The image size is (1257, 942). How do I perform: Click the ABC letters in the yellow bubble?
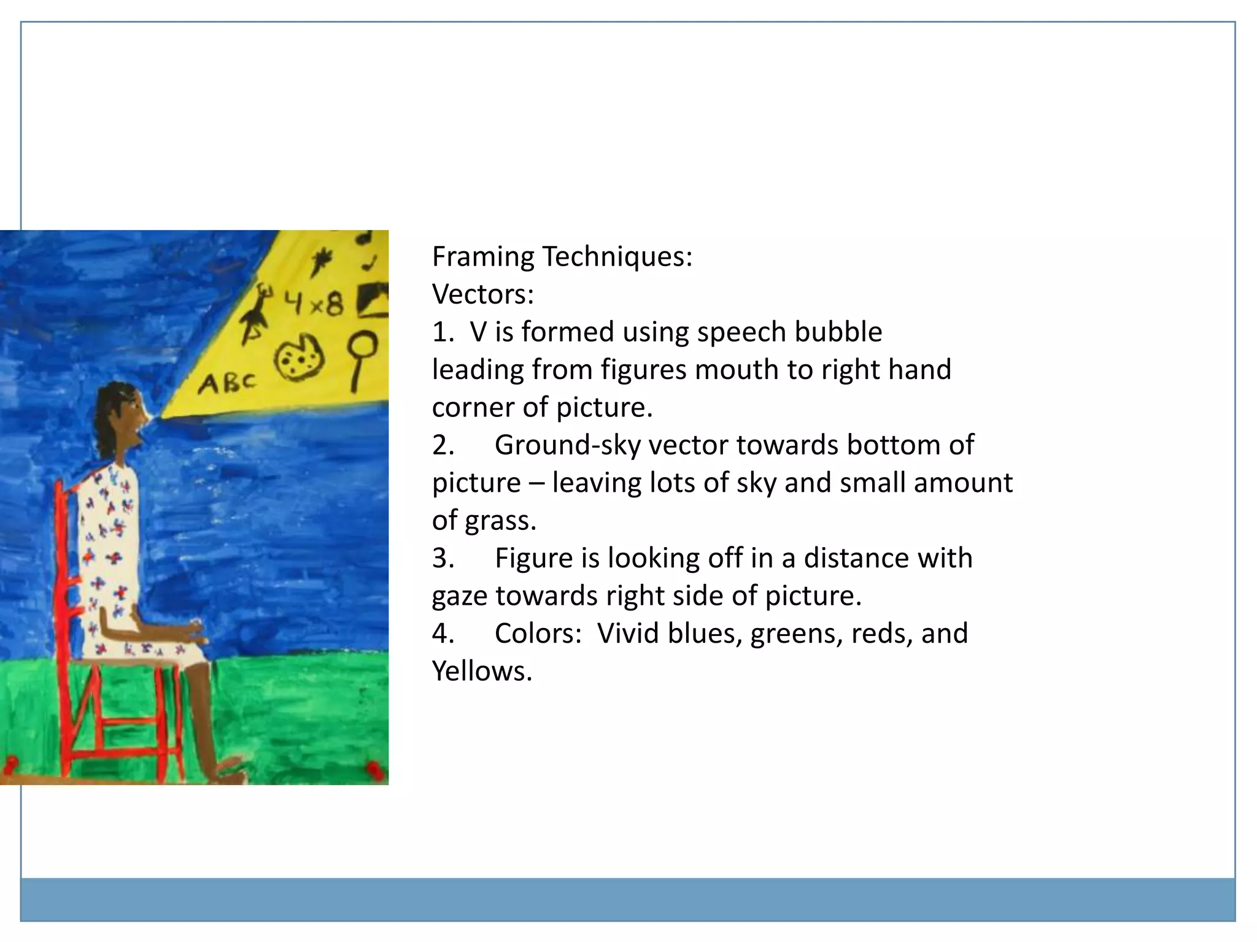coord(226,383)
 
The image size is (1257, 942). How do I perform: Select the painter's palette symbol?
coord(298,358)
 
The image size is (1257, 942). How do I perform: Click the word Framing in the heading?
coord(483,256)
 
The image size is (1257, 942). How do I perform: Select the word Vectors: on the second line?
coord(483,294)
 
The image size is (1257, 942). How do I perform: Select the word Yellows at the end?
coord(482,672)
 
